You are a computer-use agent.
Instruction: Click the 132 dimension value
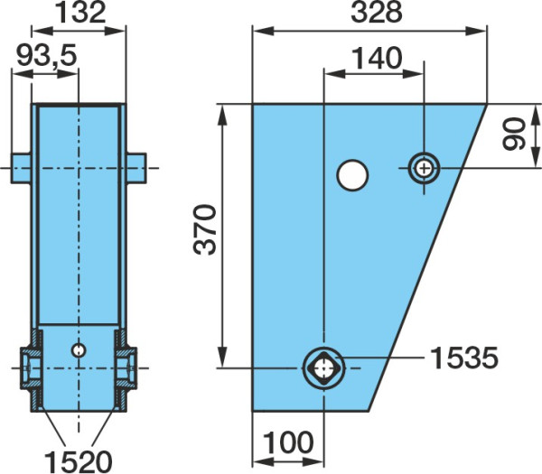tap(80, 13)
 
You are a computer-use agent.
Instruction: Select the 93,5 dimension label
tap(46, 56)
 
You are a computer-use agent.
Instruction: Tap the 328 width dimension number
tap(377, 12)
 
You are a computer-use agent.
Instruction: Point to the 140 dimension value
tap(377, 59)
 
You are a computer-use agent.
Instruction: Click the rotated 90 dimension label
tap(514, 134)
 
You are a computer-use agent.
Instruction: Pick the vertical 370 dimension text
tap(205, 229)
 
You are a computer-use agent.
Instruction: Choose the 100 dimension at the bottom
tap(288, 442)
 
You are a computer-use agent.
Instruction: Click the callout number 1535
tap(464, 358)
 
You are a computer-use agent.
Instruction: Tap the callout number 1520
tap(79, 461)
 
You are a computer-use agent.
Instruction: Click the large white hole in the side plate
tap(352, 175)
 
